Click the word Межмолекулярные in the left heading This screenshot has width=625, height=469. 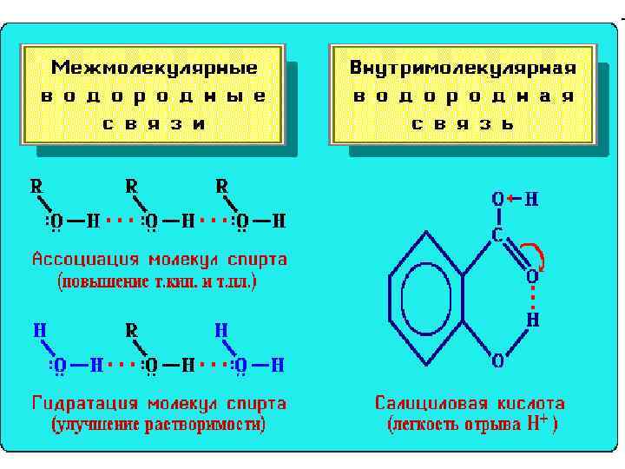pyautogui.click(x=154, y=68)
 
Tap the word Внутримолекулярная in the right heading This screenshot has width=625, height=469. pyautogui.click(x=463, y=68)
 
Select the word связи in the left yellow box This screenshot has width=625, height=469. pyautogui.click(x=154, y=122)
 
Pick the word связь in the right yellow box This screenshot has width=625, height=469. pyautogui.click(x=463, y=122)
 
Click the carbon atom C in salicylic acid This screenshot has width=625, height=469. pyautogui.click(x=498, y=234)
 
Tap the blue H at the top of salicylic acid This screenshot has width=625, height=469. pyautogui.click(x=531, y=200)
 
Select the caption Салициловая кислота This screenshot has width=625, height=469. pyautogui.click(x=470, y=404)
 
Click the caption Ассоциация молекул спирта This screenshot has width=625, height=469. pyautogui.click(x=159, y=260)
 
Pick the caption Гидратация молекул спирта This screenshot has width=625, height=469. pyautogui.click(x=159, y=404)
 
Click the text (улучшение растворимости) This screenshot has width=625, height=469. pyautogui.click(x=159, y=425)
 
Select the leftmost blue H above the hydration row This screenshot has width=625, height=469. pyautogui.click(x=39, y=331)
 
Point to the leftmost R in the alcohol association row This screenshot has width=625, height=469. pyautogui.click(x=37, y=186)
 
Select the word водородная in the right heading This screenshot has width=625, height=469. pyautogui.click(x=463, y=96)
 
